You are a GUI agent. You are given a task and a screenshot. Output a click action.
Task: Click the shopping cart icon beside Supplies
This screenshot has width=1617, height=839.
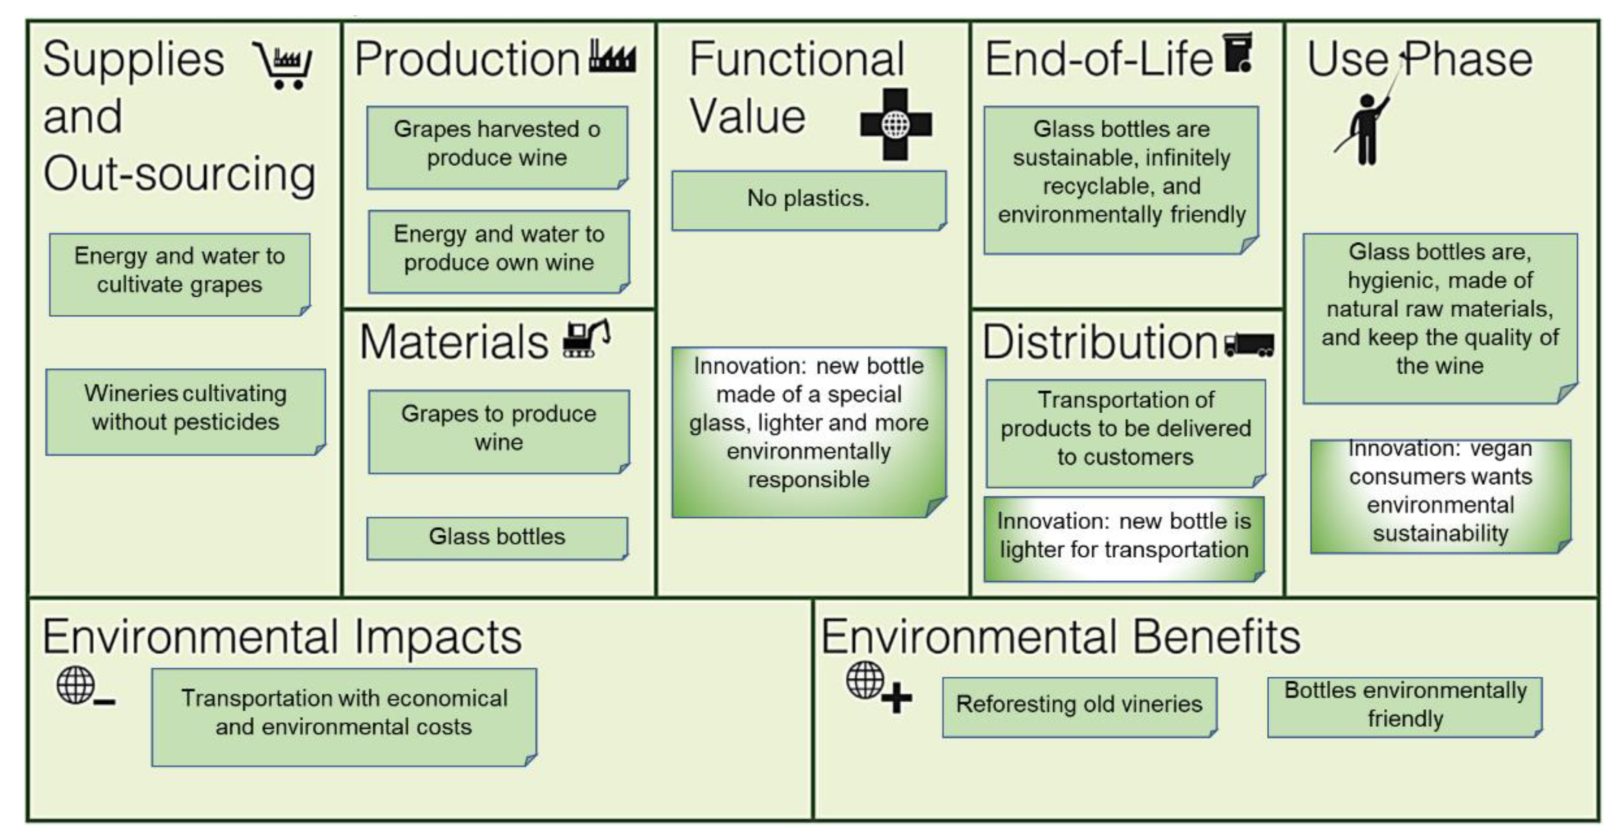pyautogui.click(x=283, y=65)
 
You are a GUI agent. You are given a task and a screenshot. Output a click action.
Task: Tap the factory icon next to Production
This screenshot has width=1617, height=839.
pyautogui.click(x=612, y=57)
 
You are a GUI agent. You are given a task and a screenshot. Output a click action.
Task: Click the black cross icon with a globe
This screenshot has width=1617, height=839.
pyautogui.click(x=896, y=124)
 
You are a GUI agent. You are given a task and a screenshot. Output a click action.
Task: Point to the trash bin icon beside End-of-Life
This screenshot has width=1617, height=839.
pyautogui.click(x=1239, y=53)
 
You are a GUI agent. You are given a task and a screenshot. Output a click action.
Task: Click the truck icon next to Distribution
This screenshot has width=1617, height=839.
pyautogui.click(x=1249, y=345)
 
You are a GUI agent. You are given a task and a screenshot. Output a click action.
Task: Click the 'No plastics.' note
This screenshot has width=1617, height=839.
pyautogui.click(x=809, y=200)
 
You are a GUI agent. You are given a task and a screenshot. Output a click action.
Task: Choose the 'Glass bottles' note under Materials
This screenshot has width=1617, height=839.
pyautogui.click(x=497, y=538)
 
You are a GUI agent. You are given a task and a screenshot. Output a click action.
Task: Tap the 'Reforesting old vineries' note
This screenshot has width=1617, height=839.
pyautogui.click(x=1079, y=706)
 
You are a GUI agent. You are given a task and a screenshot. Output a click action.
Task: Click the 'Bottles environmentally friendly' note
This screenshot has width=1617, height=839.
pyautogui.click(x=1405, y=706)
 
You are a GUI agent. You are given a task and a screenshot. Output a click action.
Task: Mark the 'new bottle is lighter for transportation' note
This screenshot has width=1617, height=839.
pyautogui.click(x=1123, y=538)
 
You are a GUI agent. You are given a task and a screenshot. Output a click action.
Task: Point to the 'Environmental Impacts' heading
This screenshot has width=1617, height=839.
pyautogui.click(x=282, y=637)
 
